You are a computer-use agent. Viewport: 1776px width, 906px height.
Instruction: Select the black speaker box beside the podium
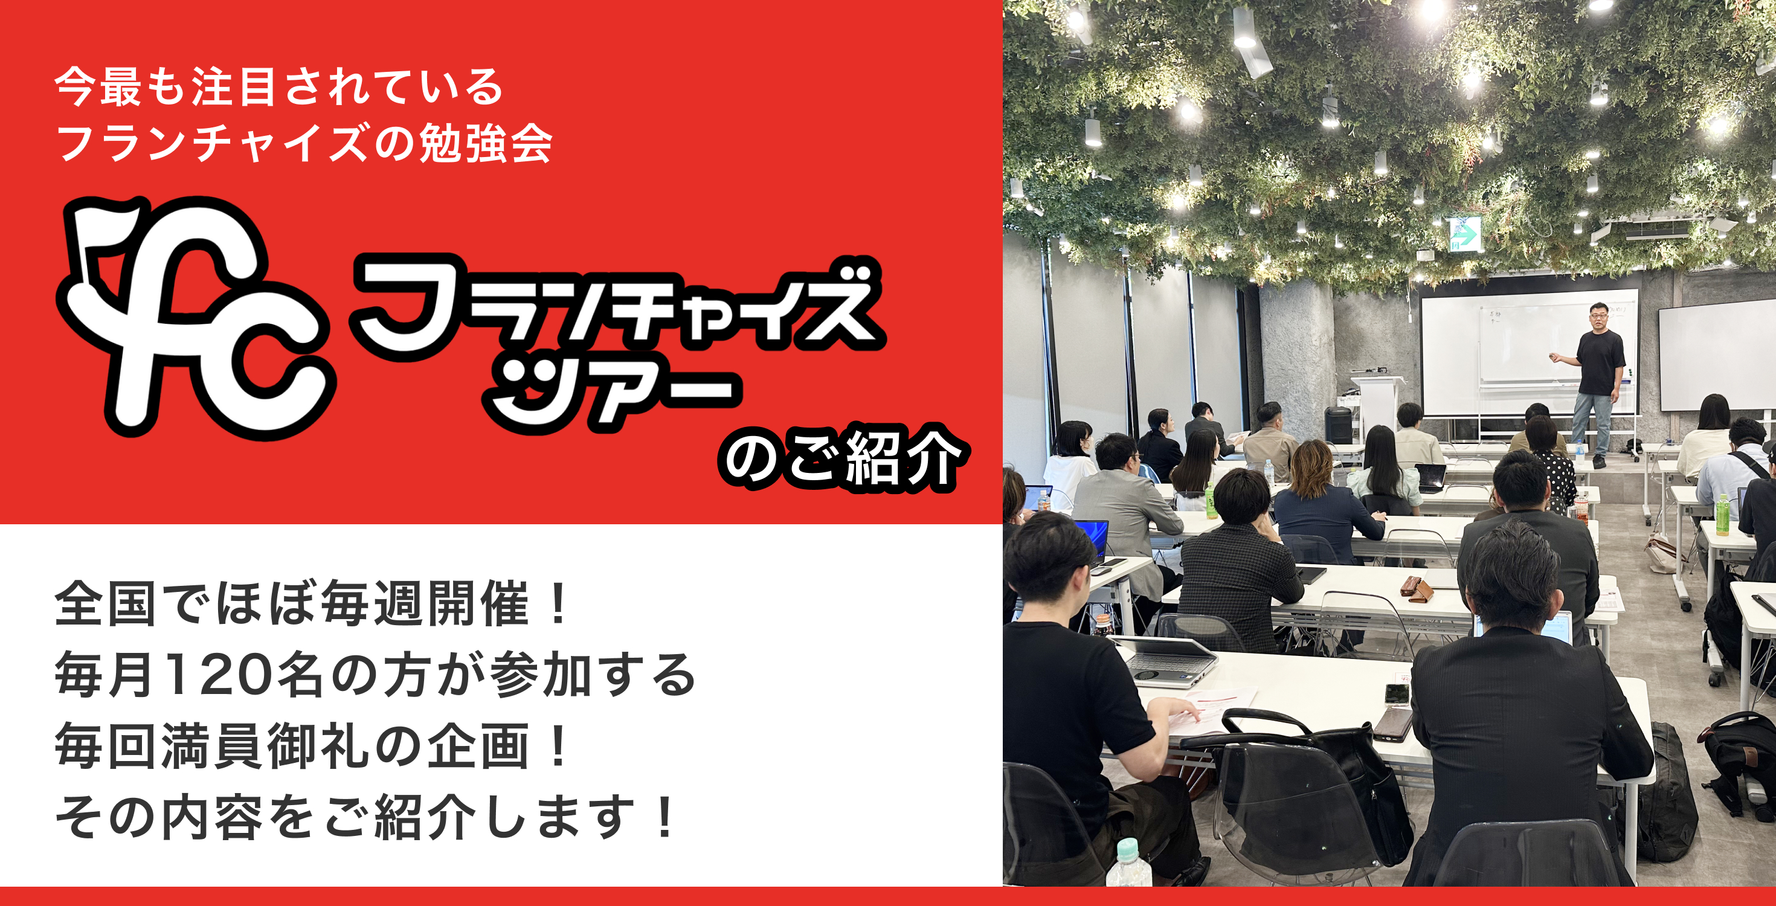point(1337,424)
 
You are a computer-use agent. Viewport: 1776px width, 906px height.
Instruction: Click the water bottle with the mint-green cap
point(1128,872)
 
